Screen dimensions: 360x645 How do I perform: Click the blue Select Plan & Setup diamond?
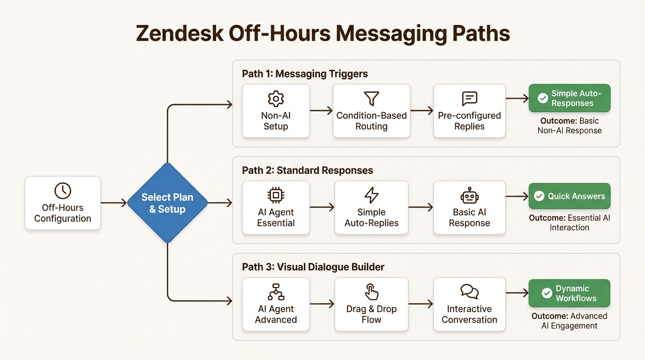167,203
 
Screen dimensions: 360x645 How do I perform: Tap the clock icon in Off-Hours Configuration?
63,191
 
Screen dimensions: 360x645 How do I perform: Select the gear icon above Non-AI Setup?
276,98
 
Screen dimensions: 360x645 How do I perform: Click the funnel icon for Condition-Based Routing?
371,98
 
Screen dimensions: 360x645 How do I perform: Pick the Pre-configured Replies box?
469,111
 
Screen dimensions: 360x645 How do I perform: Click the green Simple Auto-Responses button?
569,98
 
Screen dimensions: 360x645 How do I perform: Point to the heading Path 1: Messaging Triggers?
305,74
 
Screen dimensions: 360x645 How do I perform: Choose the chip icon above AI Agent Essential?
276,195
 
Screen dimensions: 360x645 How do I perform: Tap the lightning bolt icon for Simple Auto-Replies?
371,195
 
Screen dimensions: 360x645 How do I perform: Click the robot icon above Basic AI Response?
469,195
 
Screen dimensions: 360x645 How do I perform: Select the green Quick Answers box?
569,196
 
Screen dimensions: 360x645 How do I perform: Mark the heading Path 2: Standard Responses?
307,170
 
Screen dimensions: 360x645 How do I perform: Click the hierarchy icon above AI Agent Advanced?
276,292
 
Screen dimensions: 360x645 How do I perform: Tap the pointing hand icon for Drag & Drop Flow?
371,292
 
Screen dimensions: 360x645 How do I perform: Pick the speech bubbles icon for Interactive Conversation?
469,292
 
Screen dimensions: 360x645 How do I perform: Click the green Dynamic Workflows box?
569,293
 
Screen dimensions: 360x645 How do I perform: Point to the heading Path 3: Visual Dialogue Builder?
313,267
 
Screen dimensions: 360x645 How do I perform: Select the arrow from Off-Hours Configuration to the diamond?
113,203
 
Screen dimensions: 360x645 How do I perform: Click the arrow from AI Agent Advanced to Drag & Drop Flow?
322,304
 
